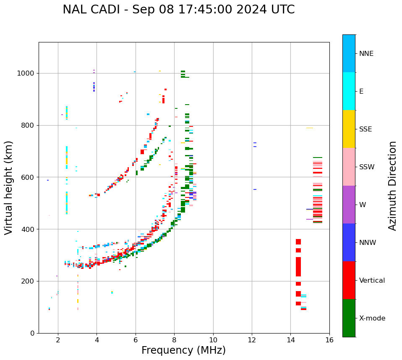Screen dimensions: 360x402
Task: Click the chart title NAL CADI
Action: [178, 10]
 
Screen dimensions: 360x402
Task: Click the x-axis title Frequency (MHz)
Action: [183, 350]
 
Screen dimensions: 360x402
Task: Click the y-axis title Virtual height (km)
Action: [9, 188]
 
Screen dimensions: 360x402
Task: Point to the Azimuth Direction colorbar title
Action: [392, 186]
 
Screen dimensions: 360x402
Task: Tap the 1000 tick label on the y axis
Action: [26, 73]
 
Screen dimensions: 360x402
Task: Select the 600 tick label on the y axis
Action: [28, 177]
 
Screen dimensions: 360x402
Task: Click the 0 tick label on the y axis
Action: [32, 333]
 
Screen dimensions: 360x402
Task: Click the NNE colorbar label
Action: [366, 54]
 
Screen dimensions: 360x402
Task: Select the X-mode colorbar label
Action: [372, 318]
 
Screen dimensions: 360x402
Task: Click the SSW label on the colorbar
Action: [367, 167]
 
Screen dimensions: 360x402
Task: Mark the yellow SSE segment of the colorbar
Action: [349, 129]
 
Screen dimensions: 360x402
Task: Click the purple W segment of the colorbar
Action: [349, 205]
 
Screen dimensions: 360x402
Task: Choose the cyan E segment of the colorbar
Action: [349, 91]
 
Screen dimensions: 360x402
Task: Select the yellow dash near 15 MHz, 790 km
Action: [309, 128]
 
